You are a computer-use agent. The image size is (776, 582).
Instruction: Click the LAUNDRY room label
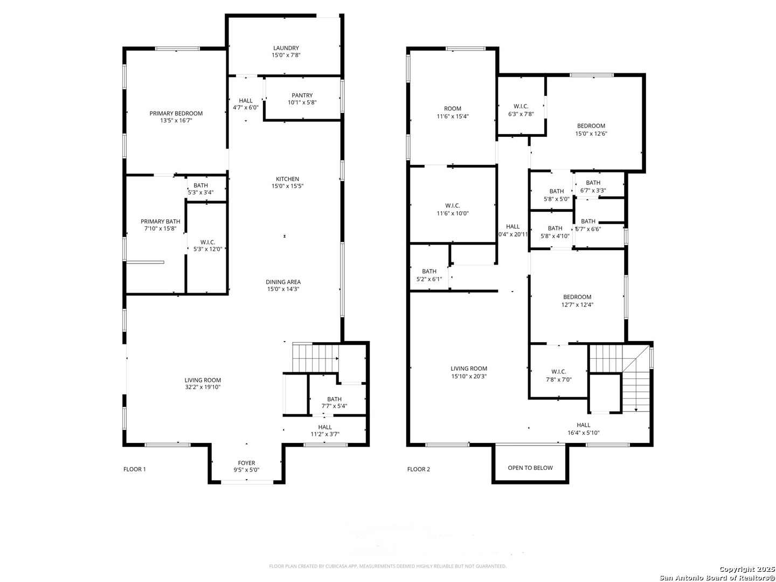point(286,48)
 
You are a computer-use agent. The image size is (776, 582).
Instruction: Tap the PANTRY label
point(302,95)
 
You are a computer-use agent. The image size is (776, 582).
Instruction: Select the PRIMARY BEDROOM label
point(176,113)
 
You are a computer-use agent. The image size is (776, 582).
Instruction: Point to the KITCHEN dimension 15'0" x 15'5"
point(287,186)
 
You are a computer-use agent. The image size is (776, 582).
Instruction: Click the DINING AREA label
point(283,282)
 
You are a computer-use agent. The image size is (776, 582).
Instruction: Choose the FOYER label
point(246,463)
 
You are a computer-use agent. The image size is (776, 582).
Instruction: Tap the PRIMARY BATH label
point(160,221)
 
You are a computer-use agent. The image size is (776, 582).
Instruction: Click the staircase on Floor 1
point(315,357)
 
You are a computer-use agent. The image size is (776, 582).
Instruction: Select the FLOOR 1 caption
point(135,469)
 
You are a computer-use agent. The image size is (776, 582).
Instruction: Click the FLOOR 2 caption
point(419,469)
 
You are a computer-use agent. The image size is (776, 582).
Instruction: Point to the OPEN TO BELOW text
point(530,468)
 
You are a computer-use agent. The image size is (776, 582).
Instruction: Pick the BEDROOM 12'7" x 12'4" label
point(577,297)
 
